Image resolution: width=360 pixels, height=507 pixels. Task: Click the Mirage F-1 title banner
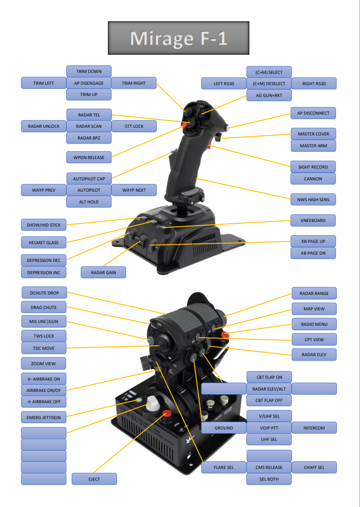click(178, 38)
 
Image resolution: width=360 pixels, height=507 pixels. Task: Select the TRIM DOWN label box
click(89, 72)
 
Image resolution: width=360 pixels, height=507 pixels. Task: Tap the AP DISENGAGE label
click(89, 83)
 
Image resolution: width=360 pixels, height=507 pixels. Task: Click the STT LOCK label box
click(134, 126)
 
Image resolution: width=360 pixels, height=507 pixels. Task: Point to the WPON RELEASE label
click(89, 158)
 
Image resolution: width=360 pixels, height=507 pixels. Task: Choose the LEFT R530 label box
click(224, 84)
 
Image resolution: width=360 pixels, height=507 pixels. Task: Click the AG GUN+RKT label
click(269, 96)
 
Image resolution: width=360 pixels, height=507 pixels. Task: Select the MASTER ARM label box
click(313, 146)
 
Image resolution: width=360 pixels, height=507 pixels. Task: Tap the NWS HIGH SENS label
click(313, 199)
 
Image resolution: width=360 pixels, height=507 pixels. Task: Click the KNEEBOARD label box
click(313, 221)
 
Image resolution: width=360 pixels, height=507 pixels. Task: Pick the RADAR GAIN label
click(103, 272)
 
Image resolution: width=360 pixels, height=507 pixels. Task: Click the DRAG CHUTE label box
click(44, 307)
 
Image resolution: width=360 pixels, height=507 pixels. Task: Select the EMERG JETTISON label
click(44, 417)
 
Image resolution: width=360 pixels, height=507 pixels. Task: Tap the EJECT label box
click(94, 479)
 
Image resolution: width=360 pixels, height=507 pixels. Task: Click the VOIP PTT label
click(269, 428)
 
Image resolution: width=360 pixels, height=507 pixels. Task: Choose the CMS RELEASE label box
click(269, 467)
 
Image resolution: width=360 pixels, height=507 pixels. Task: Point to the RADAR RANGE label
click(314, 294)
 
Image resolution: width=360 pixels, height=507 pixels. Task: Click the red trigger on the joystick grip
click(210, 145)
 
